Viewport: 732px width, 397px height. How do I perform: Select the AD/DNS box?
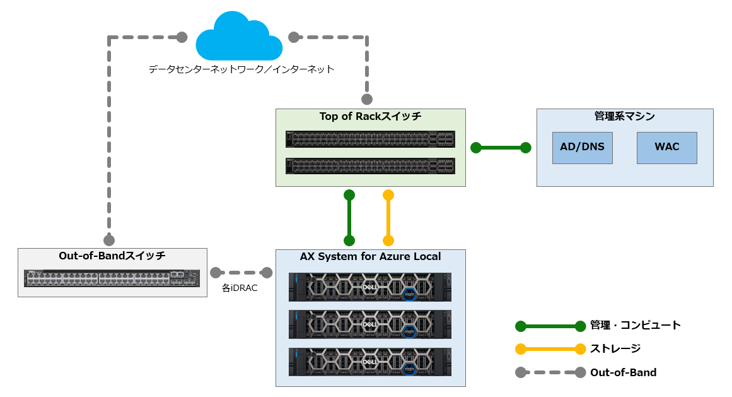point(582,148)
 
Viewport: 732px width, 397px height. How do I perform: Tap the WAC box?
point(666,148)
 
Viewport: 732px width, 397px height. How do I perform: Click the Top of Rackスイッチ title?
point(370,116)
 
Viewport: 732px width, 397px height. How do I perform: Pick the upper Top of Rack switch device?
point(370,139)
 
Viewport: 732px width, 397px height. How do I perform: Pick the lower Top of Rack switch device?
point(370,165)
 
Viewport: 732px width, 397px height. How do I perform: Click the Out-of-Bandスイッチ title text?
point(112,256)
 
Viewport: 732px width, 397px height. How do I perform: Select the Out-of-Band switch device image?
point(112,278)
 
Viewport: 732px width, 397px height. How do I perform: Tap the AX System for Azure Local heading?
point(370,256)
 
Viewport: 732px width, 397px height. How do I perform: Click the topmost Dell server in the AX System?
point(370,287)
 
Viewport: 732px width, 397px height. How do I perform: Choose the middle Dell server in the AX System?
point(370,324)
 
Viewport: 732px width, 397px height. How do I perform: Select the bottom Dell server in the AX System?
point(370,362)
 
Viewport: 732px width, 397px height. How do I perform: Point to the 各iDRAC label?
point(240,288)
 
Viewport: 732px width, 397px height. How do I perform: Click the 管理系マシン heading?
point(624,116)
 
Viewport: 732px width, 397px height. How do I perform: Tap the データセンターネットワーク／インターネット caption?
point(241,69)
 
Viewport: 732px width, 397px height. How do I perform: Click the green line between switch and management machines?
point(501,148)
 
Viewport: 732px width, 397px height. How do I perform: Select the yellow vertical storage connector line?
point(388,217)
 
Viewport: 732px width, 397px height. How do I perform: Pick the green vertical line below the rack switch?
point(349,217)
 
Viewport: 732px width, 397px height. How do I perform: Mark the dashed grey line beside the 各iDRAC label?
point(241,273)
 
